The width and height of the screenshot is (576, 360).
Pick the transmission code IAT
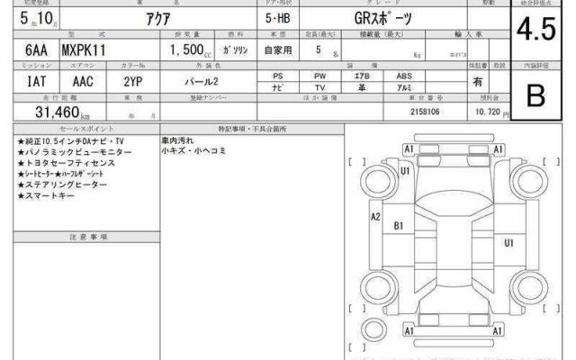(x=26, y=82)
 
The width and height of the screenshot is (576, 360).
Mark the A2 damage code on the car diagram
(x=376, y=216)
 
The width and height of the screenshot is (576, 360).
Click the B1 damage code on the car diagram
(x=399, y=225)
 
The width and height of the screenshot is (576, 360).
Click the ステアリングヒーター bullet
(x=57, y=184)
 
